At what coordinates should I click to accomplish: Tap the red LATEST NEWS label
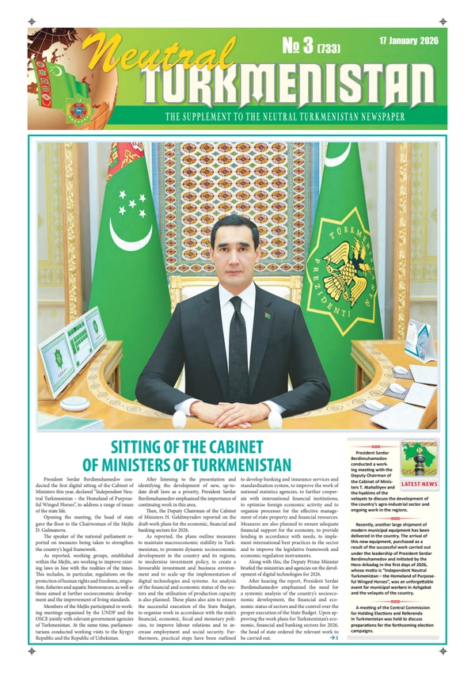tap(419, 483)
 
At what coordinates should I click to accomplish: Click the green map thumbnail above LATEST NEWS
tap(419, 458)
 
